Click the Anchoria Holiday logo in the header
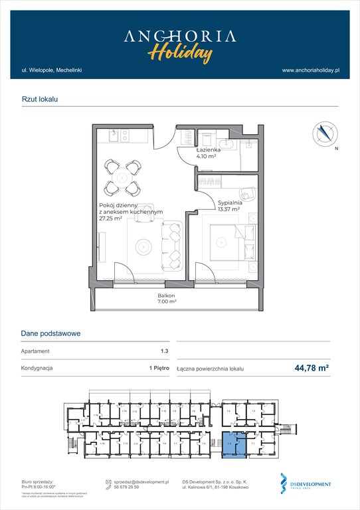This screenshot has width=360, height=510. [179, 44]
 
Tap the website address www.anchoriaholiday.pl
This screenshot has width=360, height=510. [311, 70]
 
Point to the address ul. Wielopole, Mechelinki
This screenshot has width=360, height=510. [51, 70]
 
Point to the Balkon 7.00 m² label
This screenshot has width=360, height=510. [167, 298]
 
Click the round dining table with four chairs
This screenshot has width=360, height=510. [122, 177]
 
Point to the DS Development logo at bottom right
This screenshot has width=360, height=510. [306, 484]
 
